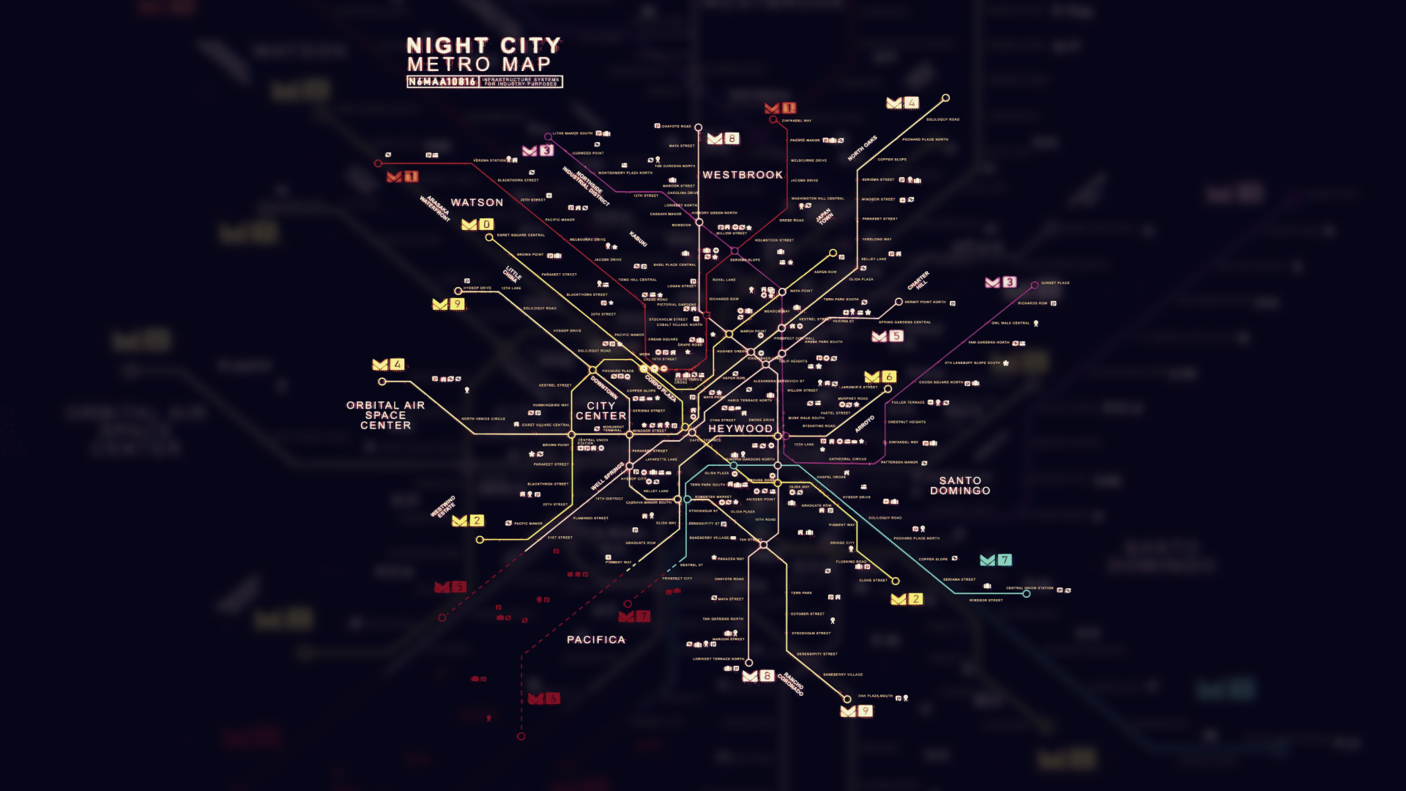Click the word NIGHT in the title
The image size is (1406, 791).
pos(447,46)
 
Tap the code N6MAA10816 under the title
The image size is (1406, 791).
pos(442,82)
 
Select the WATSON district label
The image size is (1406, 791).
pos(477,203)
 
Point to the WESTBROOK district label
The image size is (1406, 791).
pos(743,175)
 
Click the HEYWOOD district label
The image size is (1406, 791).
pos(740,429)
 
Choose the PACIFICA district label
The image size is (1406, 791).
pos(596,640)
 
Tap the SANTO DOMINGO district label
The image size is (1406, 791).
pos(960,486)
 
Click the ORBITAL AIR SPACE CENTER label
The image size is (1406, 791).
pos(385,415)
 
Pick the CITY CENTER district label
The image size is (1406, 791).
pos(601,411)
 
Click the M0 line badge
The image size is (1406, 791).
pos(477,225)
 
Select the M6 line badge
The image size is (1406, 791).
pos(879,377)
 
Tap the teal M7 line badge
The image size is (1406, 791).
pos(995,560)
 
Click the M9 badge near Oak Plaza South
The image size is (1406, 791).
pos(856,711)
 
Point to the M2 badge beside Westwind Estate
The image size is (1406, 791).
pos(468,521)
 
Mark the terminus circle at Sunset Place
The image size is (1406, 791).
pos(1035,285)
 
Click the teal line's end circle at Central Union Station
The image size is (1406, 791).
pos(1027,594)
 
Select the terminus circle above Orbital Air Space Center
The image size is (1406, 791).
pos(382,382)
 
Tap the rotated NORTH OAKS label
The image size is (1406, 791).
pos(862,149)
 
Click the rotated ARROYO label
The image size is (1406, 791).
pos(865,423)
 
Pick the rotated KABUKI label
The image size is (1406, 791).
pos(638,239)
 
